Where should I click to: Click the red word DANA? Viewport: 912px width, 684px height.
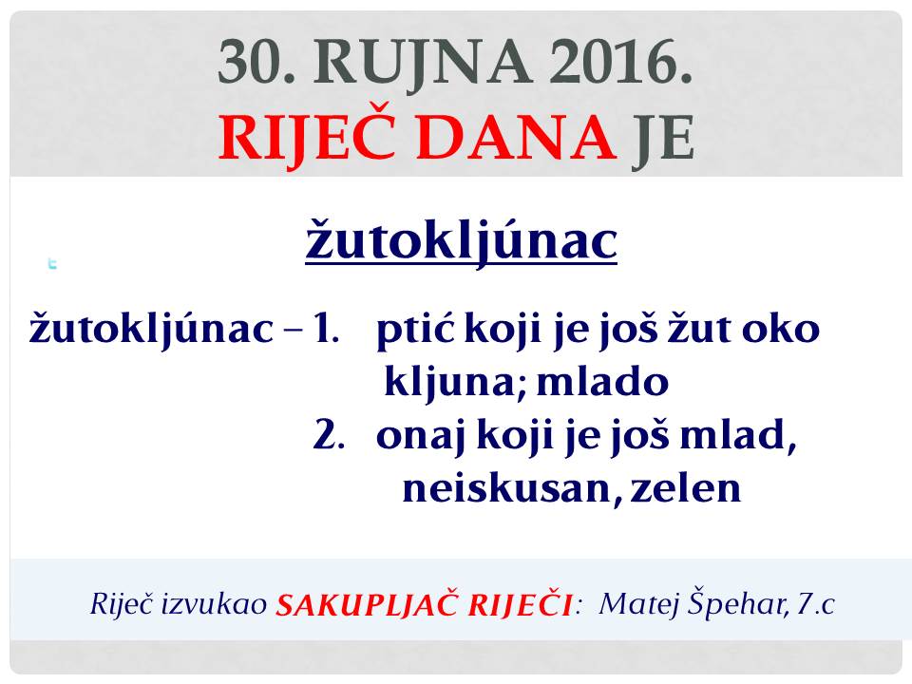pyautogui.click(x=517, y=138)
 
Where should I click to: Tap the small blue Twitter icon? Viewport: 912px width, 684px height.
pyautogui.click(x=52, y=263)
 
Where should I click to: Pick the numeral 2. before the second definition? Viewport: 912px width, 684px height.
pyautogui.click(x=329, y=434)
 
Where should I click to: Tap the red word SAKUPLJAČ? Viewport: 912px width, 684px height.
pyautogui.click(x=367, y=603)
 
